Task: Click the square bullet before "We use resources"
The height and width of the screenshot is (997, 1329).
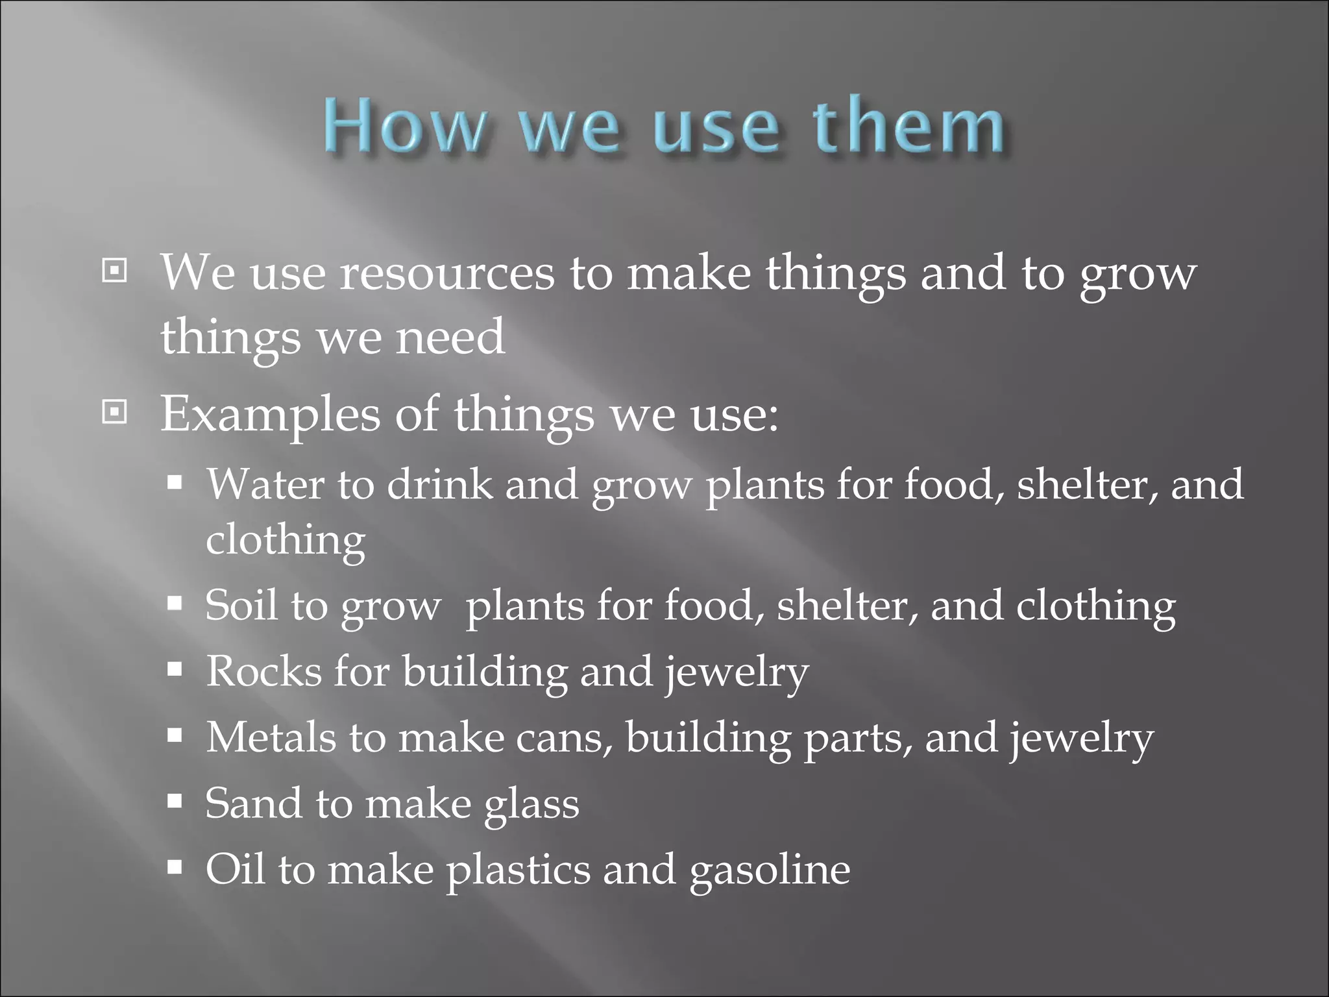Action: click(x=115, y=271)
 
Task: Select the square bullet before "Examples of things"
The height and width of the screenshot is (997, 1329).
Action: click(x=115, y=412)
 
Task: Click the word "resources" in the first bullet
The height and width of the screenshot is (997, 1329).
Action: click(x=447, y=273)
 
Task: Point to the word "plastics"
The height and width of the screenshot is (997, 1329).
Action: click(x=518, y=871)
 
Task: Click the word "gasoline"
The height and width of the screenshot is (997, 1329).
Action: click(x=769, y=871)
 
